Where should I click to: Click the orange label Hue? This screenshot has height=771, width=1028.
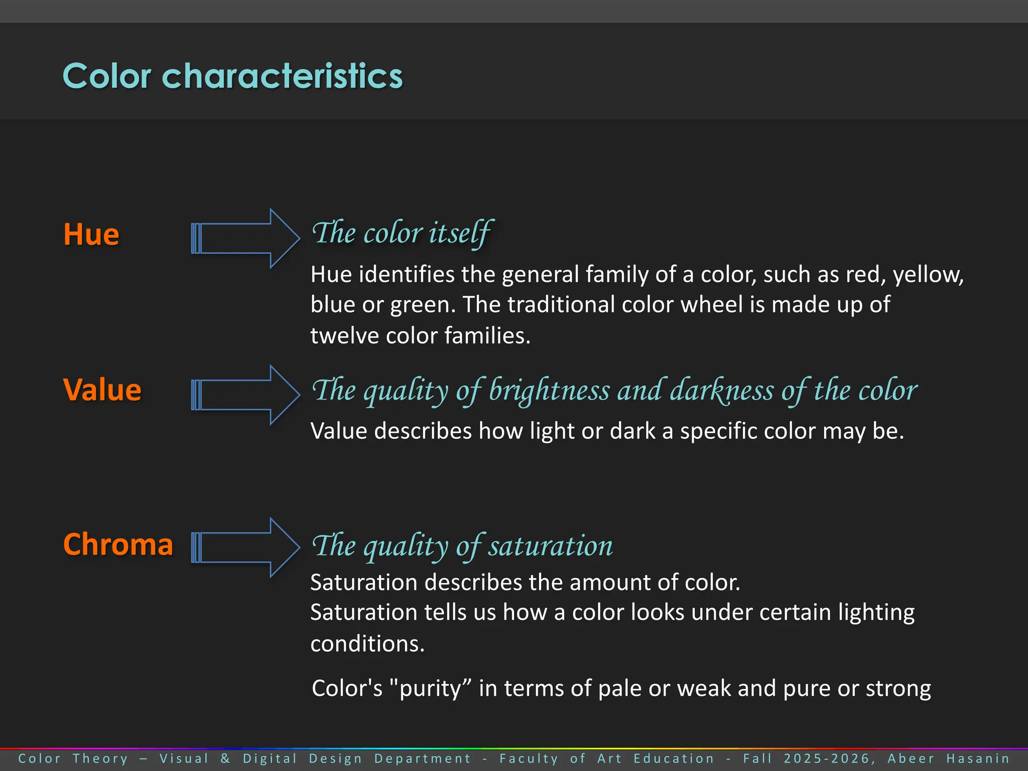coord(91,234)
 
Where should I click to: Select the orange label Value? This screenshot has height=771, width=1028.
coord(102,390)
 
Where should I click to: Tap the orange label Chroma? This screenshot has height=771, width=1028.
coord(118,545)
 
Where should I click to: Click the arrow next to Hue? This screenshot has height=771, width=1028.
coord(245,238)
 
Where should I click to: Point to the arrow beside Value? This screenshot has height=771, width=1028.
coord(245,395)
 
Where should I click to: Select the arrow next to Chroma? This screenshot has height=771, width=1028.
coord(245,548)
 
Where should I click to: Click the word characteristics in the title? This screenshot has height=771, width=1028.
coord(282,76)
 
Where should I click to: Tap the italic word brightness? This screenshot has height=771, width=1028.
coord(549,390)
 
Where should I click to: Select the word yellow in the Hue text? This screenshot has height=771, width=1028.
coord(928,275)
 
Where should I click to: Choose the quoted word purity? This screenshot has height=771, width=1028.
coord(430,689)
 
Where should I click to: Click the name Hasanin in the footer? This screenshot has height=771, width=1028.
coord(978,758)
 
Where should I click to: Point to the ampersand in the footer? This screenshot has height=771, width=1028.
coord(225,758)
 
